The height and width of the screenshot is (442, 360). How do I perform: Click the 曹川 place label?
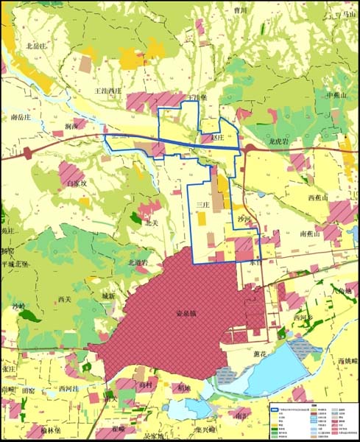pos(239,11)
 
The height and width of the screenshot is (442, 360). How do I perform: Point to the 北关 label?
pos(152,222)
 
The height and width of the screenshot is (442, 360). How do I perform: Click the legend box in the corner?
pos(312,418)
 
